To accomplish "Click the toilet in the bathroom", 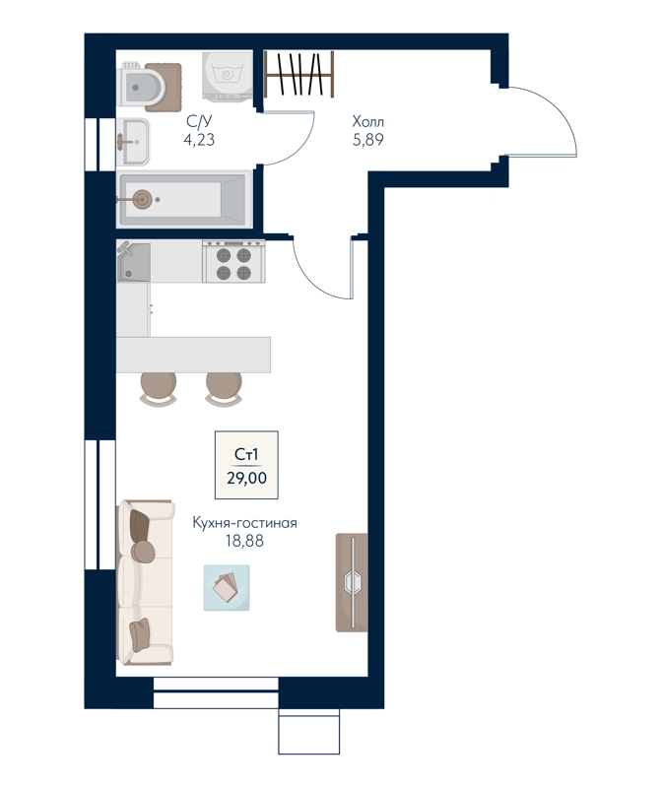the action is click(142, 88).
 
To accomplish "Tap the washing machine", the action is click(228, 75).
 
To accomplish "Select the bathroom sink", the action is click(133, 142).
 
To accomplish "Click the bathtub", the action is click(184, 200).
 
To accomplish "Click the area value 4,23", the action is click(199, 139).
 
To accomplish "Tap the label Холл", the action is click(368, 121).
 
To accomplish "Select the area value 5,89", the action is click(368, 140).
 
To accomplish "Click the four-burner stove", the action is click(233, 261).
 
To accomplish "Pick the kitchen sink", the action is click(134, 262).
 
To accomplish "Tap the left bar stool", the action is click(159, 389).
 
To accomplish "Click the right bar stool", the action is click(224, 389).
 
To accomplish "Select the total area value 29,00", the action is click(246, 478).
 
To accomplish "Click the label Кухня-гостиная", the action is click(244, 523).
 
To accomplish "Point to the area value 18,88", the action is click(244, 541).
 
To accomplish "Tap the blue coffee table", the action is click(227, 587).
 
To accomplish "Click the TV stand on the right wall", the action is click(352, 582).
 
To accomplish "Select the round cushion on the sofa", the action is click(143, 552).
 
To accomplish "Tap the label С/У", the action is click(199, 121).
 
